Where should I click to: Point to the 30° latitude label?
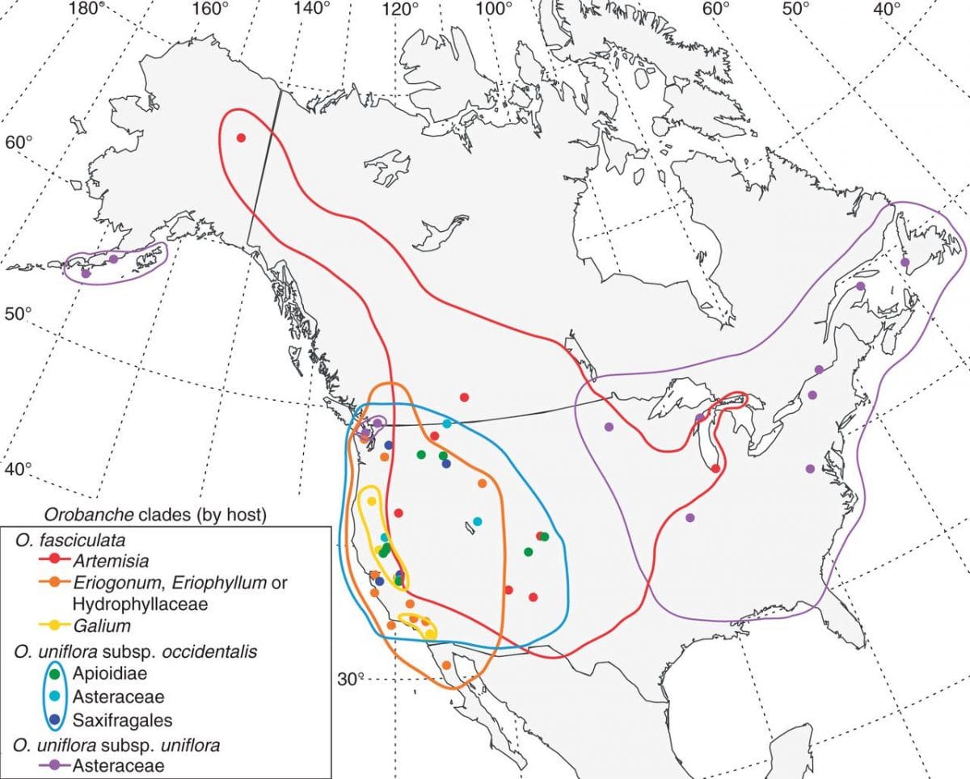[x=350, y=678]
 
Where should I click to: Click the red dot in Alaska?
[x=240, y=137]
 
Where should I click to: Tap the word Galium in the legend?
[x=101, y=625]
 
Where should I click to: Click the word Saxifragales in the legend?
[x=122, y=718]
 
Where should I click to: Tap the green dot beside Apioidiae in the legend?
[x=54, y=672]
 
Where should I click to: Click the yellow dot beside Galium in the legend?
[x=54, y=625]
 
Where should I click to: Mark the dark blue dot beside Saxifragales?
[x=54, y=718]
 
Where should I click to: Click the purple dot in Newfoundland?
[x=905, y=262]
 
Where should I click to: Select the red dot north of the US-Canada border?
[x=464, y=397]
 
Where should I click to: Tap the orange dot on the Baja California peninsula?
[x=446, y=664]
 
